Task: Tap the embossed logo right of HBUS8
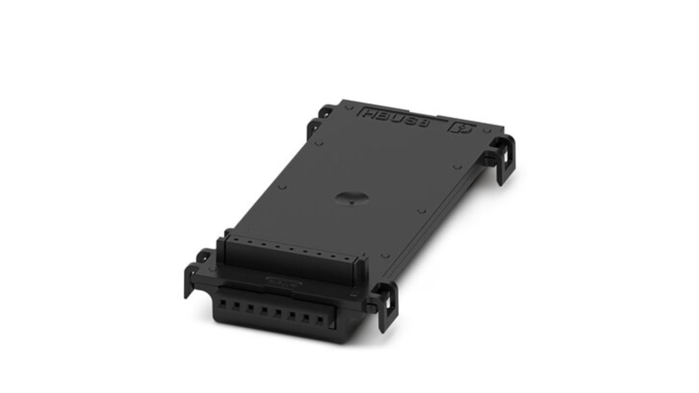460,129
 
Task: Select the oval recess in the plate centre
351,198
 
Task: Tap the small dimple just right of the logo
486,131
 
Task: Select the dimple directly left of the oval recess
282,187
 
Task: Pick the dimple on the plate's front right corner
385,256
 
